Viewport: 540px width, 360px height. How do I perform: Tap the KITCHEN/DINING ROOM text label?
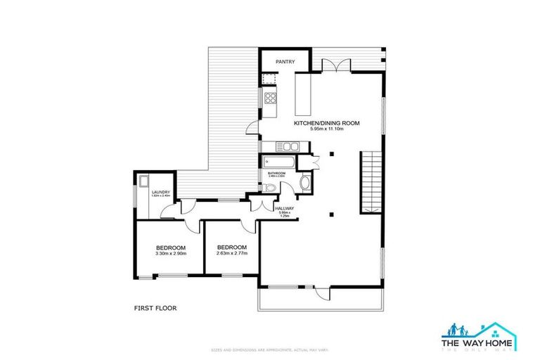tap(326, 123)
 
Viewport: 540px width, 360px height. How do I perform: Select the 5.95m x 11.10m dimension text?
tap(326, 130)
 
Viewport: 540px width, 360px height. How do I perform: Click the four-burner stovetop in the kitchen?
tap(269, 98)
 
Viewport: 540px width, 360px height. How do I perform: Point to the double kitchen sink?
tap(288, 146)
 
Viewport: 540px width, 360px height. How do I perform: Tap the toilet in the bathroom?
tap(271, 186)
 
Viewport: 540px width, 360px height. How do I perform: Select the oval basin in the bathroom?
tap(304, 184)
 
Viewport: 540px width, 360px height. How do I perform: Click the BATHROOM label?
tap(276, 173)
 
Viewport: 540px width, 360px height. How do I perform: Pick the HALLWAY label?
tap(285, 209)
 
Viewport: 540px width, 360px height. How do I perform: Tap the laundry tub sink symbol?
tap(143, 179)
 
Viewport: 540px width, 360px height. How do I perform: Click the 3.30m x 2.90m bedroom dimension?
tap(170, 255)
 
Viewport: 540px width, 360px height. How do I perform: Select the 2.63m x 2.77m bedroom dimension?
tap(231, 255)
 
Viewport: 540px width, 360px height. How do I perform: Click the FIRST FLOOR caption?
tap(155, 308)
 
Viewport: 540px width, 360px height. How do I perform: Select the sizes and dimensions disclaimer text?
tap(270, 349)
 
